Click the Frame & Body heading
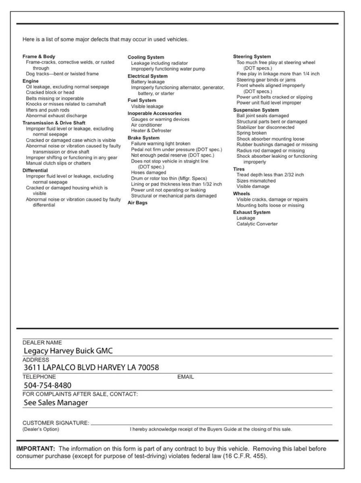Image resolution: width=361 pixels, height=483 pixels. coord(39,56)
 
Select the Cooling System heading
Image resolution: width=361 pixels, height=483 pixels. coord(146,58)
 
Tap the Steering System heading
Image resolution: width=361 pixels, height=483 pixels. coord(252,57)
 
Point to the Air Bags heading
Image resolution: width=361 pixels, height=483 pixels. coord(137,203)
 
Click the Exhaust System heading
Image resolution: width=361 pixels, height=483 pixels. coord(252,212)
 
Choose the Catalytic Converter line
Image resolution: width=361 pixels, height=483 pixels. coord(257,224)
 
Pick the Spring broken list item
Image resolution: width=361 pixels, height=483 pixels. coord(251,133)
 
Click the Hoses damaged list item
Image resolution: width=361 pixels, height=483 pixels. coord(148,173)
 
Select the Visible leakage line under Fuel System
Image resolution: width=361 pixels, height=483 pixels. coord(147,107)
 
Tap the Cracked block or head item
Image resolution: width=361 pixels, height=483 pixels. coord(50,92)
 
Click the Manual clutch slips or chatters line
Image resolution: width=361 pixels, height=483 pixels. coord(58,163)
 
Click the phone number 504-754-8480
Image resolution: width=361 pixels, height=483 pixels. coord(48,386)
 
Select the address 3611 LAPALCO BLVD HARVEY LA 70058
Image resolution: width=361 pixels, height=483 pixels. coord(91,367)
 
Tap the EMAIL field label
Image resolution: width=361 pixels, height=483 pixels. coord(186,377)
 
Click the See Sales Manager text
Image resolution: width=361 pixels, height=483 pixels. coord(56,403)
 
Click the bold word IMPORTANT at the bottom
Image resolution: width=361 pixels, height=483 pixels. coord(35,448)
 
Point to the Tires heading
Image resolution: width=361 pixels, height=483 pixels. coord(239,169)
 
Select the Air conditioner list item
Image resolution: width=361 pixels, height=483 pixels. coord(147,125)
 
